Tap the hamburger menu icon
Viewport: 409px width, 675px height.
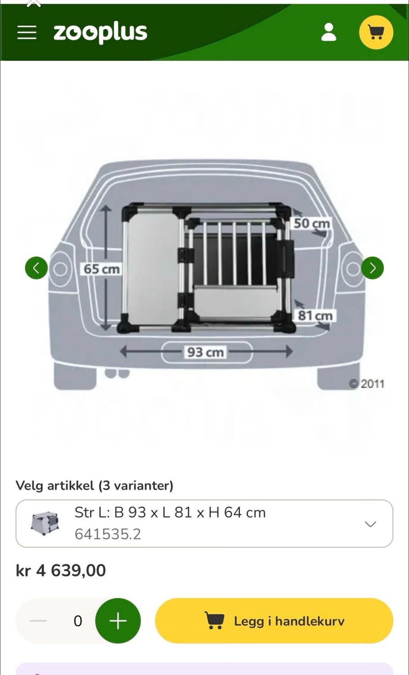[26, 32]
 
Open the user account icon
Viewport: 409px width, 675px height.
[329, 32]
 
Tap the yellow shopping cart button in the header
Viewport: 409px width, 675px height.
[376, 32]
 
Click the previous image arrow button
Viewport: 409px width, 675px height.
[36, 268]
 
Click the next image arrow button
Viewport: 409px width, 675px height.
[372, 268]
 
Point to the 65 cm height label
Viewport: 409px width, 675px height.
[102, 269]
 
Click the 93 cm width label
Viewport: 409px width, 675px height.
[205, 352]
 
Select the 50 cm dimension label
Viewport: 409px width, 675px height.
[312, 223]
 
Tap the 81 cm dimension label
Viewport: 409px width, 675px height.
[315, 315]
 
